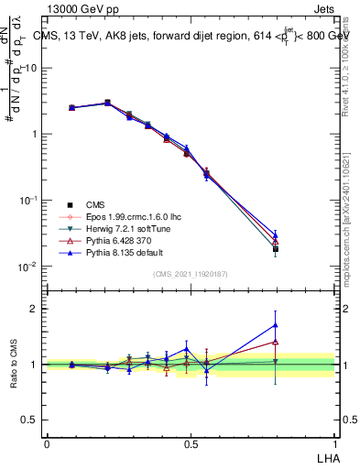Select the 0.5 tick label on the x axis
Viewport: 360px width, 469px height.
pos(191,443)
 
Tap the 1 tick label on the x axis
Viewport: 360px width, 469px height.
pos(334,443)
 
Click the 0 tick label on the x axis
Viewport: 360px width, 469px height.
pos(47,443)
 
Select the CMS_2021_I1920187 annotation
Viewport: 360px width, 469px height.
pos(190,274)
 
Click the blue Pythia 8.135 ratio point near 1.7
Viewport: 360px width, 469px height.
pos(276,324)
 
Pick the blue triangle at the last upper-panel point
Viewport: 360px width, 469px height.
pos(276,235)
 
